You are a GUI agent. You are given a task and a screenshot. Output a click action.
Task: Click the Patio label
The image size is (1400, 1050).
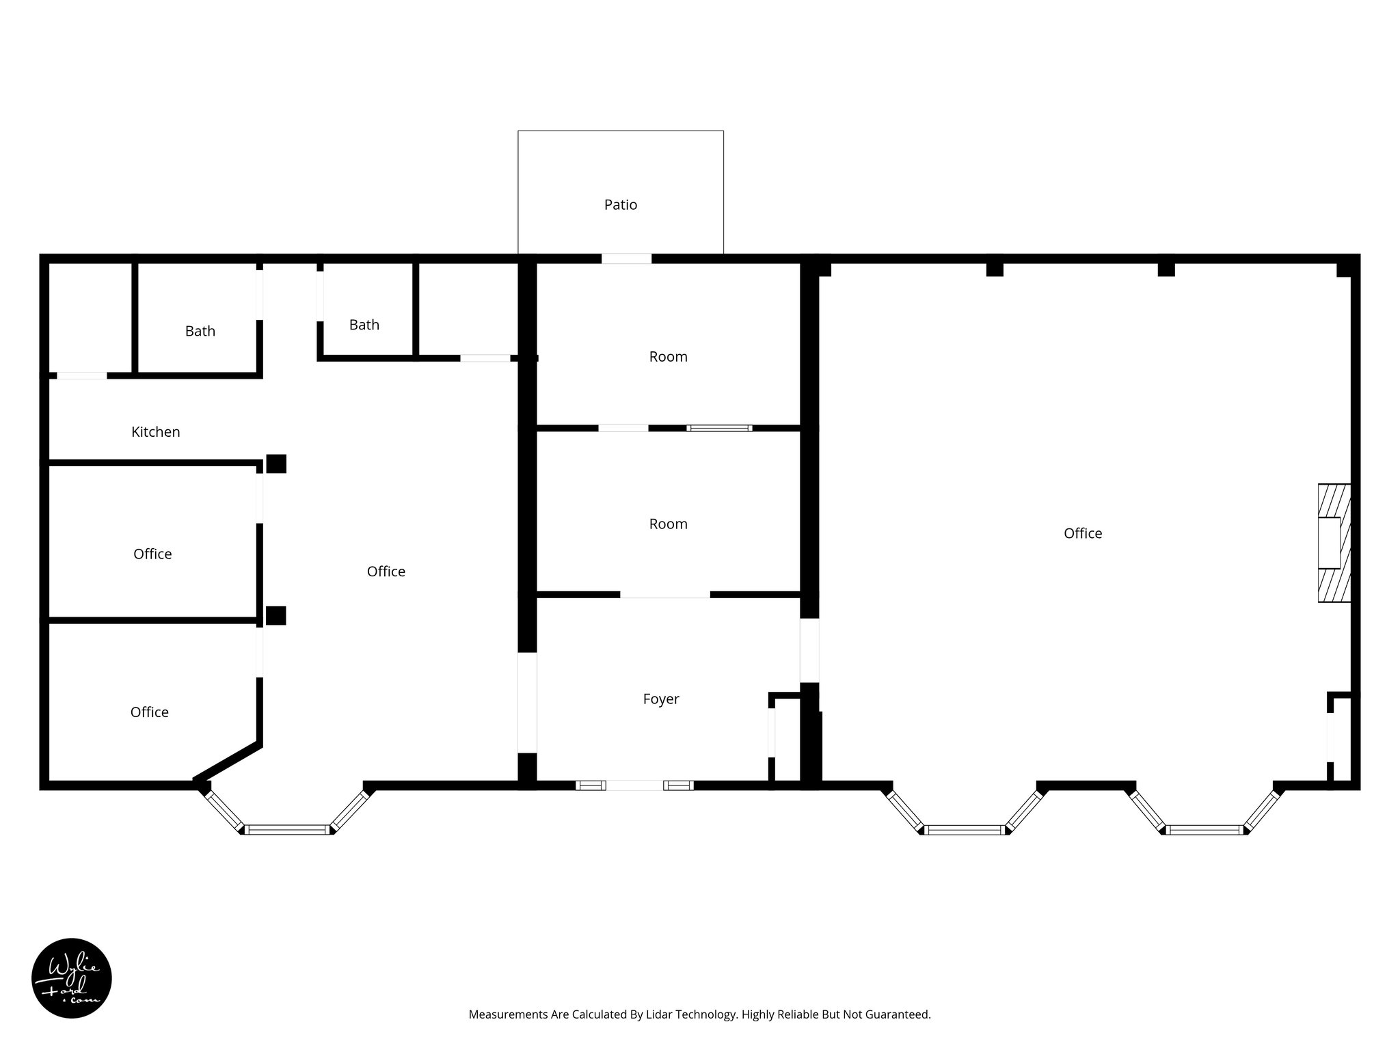620,204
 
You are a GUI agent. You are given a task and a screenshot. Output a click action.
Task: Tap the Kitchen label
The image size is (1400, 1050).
155,431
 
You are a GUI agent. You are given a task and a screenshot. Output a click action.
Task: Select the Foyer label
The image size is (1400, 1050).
660,699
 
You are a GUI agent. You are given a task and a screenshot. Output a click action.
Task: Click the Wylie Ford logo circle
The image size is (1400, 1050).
72,978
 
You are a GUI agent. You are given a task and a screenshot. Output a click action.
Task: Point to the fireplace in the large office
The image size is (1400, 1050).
1334,543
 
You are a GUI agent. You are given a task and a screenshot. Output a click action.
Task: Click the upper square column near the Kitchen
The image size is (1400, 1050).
276,463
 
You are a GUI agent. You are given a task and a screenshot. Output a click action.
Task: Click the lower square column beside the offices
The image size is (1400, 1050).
276,615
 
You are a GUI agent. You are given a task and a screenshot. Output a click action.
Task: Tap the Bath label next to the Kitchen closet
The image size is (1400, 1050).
200,331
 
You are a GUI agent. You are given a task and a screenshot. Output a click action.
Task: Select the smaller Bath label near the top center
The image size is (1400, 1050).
364,325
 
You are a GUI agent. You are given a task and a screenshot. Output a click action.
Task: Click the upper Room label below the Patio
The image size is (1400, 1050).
668,356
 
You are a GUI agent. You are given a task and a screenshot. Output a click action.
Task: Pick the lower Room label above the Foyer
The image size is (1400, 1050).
668,524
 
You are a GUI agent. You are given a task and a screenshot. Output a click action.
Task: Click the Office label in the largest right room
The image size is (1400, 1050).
1082,533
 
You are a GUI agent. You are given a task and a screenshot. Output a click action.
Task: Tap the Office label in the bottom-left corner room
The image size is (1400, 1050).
149,712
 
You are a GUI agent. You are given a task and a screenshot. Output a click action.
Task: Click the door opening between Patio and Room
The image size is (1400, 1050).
626,258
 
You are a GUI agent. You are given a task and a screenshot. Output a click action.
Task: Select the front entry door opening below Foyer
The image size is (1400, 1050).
634,785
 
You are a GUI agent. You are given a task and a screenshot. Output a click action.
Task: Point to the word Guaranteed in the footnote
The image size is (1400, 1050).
898,1014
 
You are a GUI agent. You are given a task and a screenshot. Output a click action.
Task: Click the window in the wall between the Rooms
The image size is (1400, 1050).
719,428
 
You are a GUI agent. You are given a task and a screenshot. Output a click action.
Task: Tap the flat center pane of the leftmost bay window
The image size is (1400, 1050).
287,829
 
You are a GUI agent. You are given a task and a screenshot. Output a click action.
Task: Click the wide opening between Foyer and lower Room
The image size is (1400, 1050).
664,595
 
